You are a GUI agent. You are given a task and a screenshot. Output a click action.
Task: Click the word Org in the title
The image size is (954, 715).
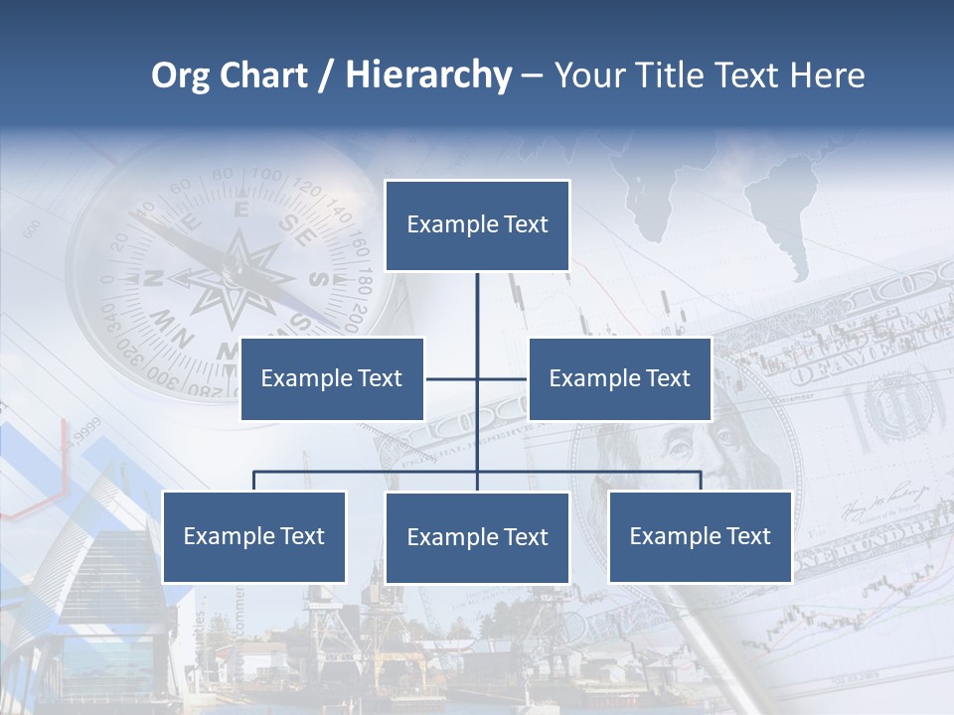tap(181, 75)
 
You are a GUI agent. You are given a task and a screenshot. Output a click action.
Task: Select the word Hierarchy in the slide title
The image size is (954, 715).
tap(428, 75)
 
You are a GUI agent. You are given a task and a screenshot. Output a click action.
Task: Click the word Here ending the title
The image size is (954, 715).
tap(827, 75)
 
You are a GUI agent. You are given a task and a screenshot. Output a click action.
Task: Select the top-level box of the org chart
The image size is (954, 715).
tap(477, 225)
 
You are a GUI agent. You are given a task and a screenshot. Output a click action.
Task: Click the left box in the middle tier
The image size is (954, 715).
tap(332, 378)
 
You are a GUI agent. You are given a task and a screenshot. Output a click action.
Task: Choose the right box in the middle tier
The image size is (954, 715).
tap(619, 378)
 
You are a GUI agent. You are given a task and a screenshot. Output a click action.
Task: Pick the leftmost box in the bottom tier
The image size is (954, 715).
tap(254, 537)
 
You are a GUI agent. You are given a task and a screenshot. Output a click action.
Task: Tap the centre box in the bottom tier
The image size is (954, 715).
tap(477, 538)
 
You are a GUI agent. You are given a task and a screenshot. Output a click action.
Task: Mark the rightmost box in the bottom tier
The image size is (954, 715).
tap(700, 537)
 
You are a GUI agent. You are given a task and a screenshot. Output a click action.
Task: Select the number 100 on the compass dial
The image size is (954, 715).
tap(266, 177)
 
